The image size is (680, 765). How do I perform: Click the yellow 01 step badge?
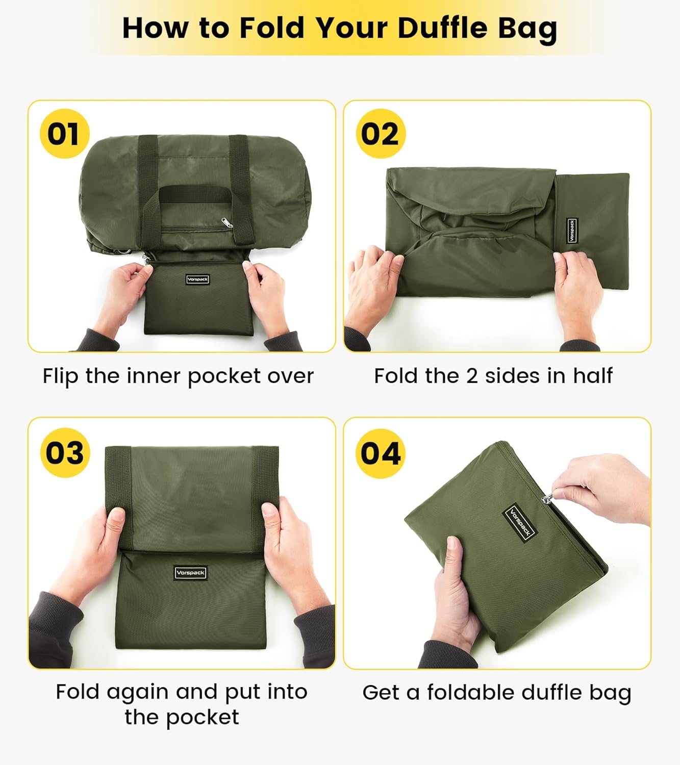64,134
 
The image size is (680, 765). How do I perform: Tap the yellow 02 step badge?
380,134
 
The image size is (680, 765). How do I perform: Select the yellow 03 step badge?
64,452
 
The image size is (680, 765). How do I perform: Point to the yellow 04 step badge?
380,453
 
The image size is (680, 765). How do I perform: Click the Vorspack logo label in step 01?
197,279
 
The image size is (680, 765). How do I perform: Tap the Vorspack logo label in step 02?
572,231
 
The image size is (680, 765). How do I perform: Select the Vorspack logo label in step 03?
190,573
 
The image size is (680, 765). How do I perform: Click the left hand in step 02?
375,275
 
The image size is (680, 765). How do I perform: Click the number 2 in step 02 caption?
472,376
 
